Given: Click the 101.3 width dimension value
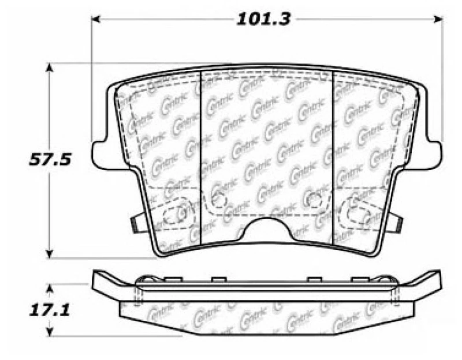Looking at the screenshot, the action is click(264, 19).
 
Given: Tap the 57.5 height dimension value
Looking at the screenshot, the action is click(50, 160).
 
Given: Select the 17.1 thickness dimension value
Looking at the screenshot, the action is click(50, 310).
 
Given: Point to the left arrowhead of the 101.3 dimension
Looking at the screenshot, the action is click(96, 20).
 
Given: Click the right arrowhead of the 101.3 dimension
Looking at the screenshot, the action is click(438, 20).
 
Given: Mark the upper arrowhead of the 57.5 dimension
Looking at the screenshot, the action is click(50, 67).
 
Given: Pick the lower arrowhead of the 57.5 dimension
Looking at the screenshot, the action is click(50, 254).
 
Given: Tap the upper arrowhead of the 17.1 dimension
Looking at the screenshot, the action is click(50, 288).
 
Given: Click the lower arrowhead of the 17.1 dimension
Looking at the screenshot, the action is click(50, 332).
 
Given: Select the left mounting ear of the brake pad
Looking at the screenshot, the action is click(104, 155).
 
